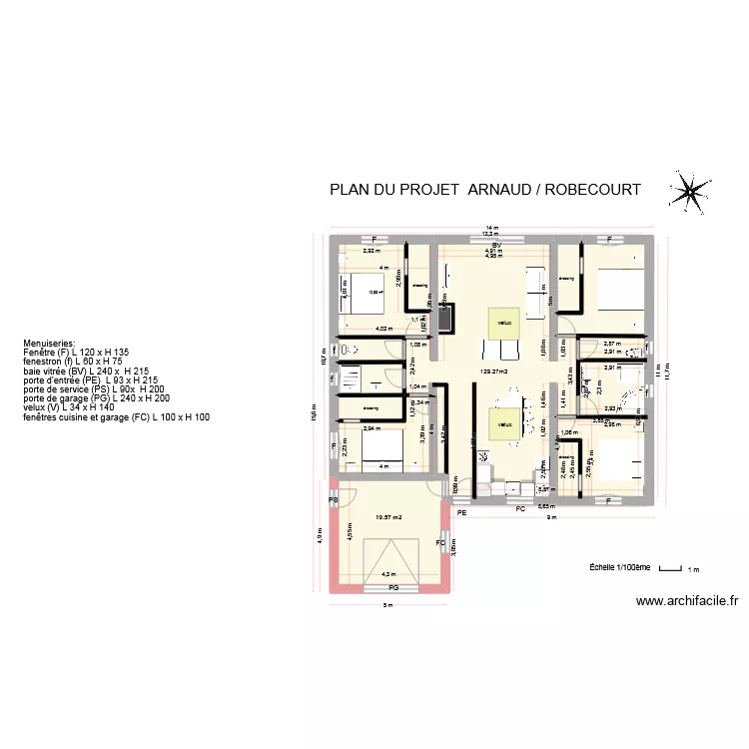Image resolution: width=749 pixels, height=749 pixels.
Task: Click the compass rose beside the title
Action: click(688, 190)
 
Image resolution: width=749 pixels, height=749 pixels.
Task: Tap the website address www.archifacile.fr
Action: click(686, 601)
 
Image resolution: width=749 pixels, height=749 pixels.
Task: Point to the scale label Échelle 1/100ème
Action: click(619, 567)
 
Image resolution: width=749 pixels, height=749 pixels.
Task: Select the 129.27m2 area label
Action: click(493, 373)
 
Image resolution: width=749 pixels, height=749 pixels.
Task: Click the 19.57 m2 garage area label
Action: click(387, 517)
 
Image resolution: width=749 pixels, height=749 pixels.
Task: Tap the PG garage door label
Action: click(393, 589)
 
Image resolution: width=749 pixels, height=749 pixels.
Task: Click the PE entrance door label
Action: click(462, 512)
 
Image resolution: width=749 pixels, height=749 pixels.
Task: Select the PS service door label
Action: click(334, 499)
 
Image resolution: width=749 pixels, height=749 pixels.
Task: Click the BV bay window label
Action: click(494, 245)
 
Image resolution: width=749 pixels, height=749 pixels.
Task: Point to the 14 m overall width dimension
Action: click(491, 229)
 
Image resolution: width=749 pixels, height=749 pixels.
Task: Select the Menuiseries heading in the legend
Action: click(49, 340)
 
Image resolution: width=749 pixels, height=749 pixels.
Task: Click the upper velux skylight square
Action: click(502, 322)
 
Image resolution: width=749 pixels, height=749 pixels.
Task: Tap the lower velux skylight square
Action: click(503, 423)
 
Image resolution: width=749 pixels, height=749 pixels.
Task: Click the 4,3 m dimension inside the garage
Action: click(388, 574)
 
